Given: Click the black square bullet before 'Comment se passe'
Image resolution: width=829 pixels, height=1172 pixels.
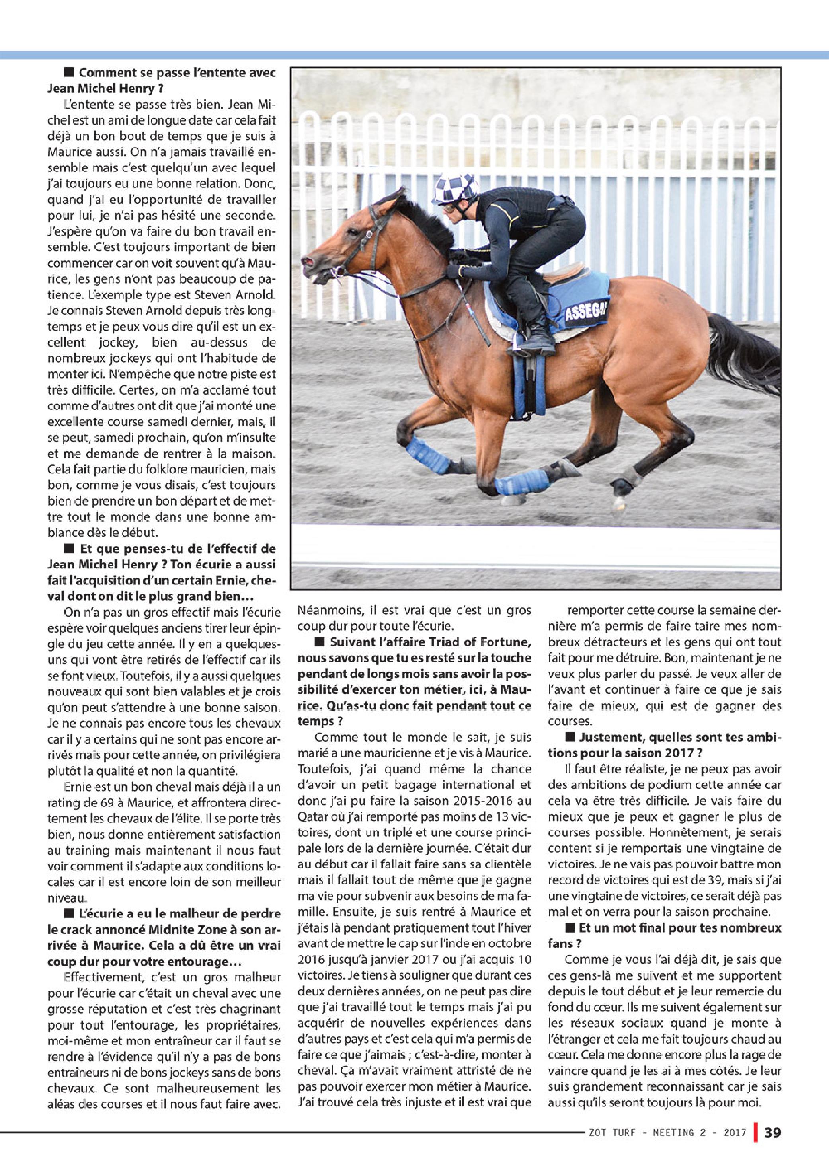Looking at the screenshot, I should point(68,72).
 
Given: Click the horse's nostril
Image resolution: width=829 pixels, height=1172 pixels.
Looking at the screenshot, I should point(308,262).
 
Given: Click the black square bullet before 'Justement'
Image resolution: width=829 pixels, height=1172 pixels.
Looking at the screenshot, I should point(570,738).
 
